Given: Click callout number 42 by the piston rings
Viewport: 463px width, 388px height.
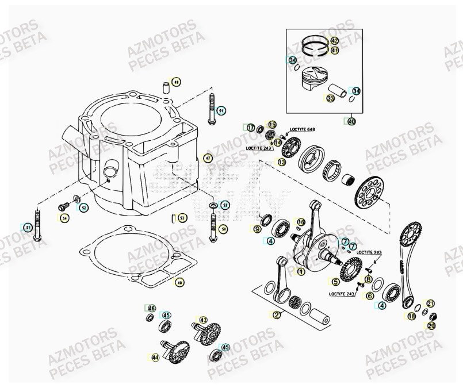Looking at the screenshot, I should click(x=334, y=41).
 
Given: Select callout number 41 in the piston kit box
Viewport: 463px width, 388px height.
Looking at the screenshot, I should click(x=334, y=51).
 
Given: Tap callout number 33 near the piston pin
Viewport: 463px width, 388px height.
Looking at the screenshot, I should click(x=330, y=99).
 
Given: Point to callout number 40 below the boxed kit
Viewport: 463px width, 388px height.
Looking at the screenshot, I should click(x=351, y=121).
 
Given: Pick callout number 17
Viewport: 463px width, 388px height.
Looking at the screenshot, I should click(x=251, y=128).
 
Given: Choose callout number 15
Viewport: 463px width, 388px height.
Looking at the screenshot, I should click(x=272, y=125).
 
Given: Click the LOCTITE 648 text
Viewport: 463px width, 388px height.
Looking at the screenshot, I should click(x=303, y=129).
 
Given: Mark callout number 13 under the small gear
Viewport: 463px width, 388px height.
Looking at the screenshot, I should click(x=282, y=163).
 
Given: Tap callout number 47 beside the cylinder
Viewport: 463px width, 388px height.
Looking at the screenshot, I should click(x=208, y=157).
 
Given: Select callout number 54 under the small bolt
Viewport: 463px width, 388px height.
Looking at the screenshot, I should click(x=64, y=218).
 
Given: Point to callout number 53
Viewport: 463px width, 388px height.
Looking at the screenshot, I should click(x=182, y=218).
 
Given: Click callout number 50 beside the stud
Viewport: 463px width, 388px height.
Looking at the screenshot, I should click(x=224, y=229).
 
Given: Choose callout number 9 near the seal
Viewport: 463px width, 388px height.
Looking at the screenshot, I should click(x=257, y=229).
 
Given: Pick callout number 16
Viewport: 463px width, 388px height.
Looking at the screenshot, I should click(x=301, y=222).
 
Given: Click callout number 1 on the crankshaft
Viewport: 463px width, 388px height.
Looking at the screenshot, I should click(x=301, y=271).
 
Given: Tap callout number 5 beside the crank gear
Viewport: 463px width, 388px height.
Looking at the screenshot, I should click(x=335, y=282).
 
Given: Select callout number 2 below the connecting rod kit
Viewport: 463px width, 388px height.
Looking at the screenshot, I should click(x=277, y=314).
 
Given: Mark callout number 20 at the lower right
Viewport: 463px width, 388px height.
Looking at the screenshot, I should click(x=431, y=325).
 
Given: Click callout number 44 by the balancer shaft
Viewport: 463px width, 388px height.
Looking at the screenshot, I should click(x=155, y=358).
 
